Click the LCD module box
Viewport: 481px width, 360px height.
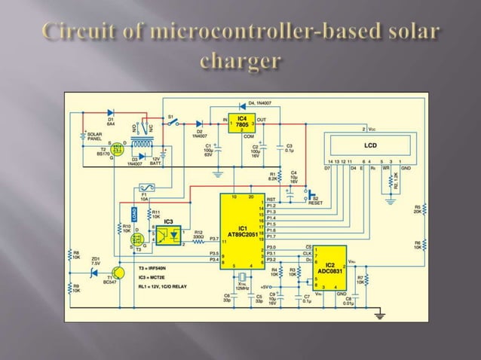click(369, 145)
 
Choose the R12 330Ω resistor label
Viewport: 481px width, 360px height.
click(198, 235)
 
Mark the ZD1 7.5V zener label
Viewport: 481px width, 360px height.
click(95, 262)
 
